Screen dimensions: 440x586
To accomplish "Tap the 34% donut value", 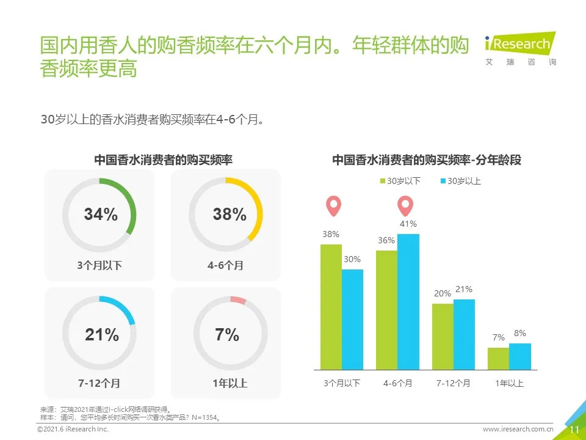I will (x=101, y=215).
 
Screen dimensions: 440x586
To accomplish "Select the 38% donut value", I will (x=230, y=215).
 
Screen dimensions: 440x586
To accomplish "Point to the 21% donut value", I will (x=102, y=335).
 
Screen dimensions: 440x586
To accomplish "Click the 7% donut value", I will (x=227, y=335).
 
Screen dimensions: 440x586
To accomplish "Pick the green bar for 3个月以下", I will (x=331, y=307).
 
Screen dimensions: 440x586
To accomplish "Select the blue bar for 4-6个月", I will (x=408, y=302).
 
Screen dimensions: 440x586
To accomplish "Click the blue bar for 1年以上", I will (x=520, y=356).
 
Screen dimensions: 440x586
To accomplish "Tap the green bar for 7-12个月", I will (x=443, y=337).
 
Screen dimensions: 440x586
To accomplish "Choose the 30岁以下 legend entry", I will (x=401, y=181).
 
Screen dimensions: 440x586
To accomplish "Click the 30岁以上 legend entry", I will (x=460, y=181).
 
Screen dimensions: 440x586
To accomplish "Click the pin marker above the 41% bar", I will (x=405, y=206).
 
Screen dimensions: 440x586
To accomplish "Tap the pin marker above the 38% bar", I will (x=332, y=206).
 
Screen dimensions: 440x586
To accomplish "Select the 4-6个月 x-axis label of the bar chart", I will (x=398, y=383).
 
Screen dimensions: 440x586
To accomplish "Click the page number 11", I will (x=574, y=430).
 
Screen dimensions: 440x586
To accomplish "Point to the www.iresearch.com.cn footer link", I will (x=518, y=430).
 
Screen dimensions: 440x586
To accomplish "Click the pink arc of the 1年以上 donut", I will (x=238, y=300).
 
